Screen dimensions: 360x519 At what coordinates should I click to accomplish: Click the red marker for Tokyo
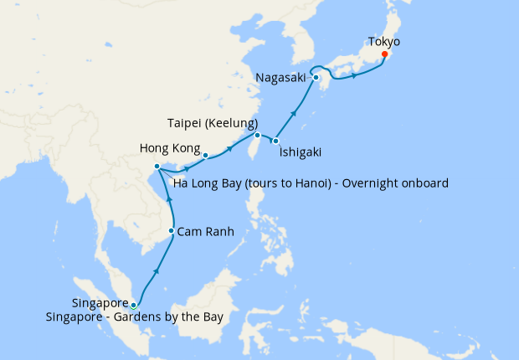point(383,55)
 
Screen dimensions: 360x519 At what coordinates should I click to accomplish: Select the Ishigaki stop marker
point(275,141)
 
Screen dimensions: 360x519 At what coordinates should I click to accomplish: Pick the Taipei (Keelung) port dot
point(258,135)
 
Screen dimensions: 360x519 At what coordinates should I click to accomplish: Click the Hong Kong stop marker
point(205,155)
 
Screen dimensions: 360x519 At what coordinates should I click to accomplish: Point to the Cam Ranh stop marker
point(172,231)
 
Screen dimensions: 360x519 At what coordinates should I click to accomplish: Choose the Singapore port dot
point(133,305)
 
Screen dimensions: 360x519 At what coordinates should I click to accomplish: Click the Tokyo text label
point(384,41)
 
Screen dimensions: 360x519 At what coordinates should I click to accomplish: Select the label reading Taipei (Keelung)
point(212,121)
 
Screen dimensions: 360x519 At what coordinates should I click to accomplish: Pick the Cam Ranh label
point(204,231)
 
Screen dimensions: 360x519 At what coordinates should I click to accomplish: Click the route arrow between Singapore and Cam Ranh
point(157,271)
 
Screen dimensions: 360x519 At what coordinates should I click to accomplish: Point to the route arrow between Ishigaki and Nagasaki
point(294,111)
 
